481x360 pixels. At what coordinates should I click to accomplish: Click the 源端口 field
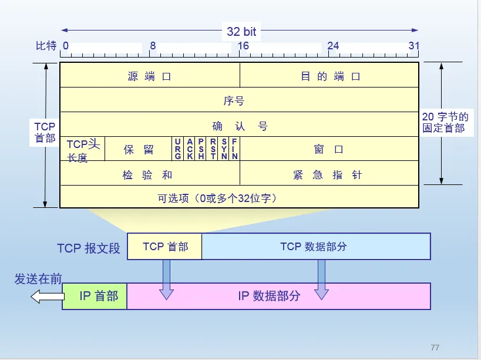point(150,76)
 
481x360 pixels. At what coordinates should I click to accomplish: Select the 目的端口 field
point(329,76)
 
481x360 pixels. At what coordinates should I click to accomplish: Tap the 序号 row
point(234,100)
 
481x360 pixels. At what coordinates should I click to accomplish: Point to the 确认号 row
point(240,126)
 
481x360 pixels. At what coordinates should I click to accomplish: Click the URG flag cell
point(178,149)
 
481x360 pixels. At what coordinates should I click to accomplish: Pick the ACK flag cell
point(190,149)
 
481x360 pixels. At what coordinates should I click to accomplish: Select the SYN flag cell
point(224,149)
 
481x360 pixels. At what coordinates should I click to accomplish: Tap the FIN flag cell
point(234,149)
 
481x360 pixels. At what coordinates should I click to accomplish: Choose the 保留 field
point(139,149)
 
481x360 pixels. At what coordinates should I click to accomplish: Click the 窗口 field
point(329,149)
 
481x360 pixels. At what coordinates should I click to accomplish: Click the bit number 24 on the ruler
point(333,46)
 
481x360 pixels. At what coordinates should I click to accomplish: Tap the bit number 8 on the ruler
point(153,46)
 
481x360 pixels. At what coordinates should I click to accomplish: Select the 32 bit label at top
point(241,31)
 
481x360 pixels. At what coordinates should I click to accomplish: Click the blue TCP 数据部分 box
point(316,246)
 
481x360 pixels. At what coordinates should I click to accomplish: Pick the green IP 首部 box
point(95,296)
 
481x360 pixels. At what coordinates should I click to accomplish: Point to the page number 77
point(435,348)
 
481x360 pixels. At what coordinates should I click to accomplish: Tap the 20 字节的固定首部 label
point(445,122)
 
